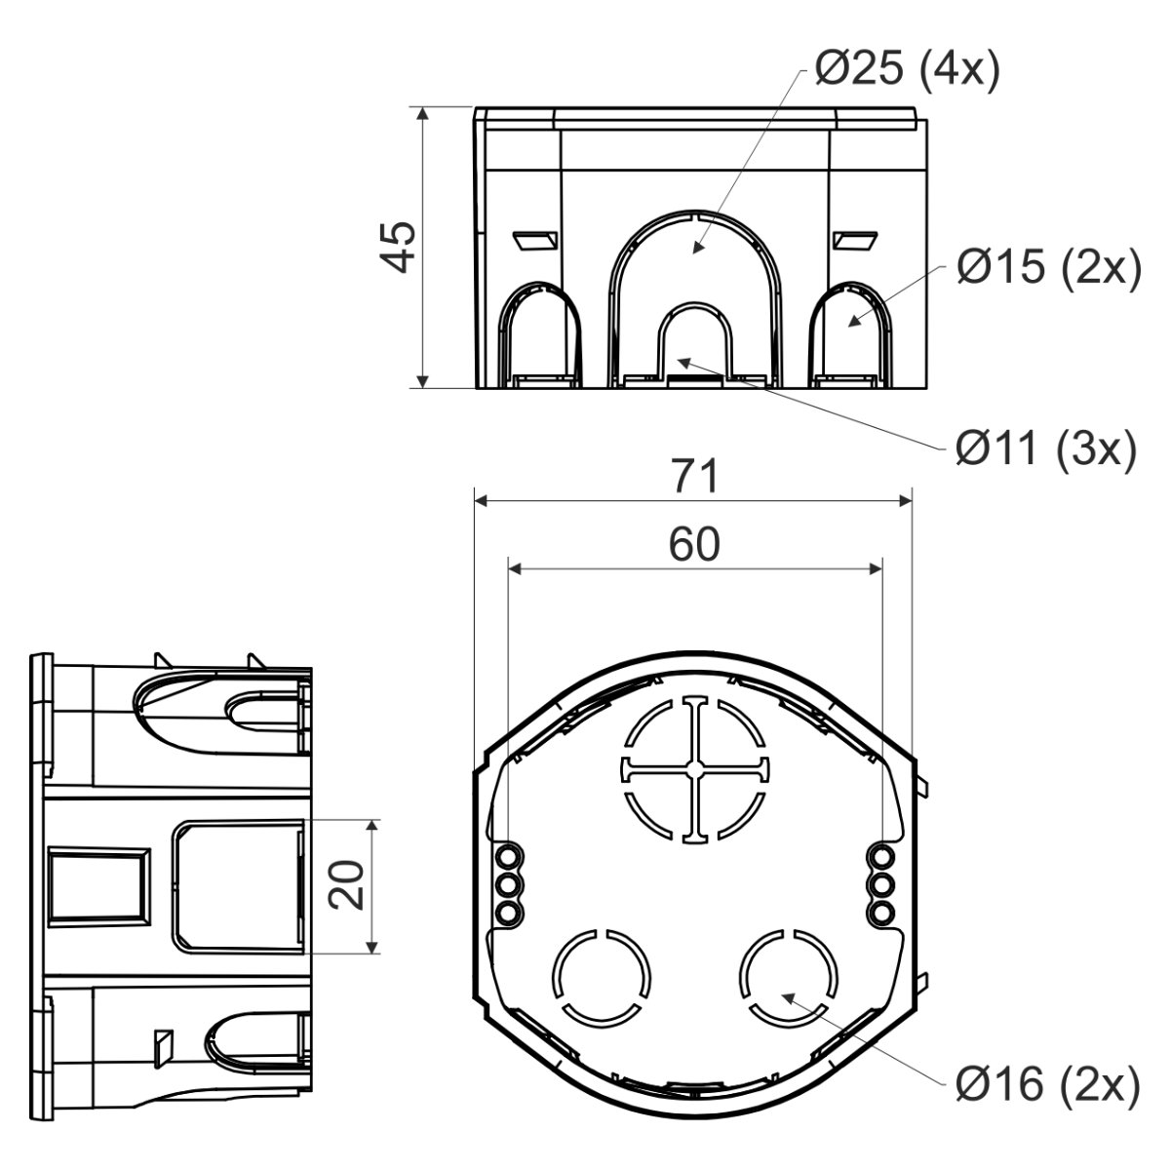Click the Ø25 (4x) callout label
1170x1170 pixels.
(x=907, y=71)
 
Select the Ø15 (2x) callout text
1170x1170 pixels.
(x=1049, y=268)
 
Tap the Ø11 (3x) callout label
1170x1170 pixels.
(x=1045, y=449)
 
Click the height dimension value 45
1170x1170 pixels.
(x=398, y=247)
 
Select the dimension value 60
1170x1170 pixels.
(x=694, y=544)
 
